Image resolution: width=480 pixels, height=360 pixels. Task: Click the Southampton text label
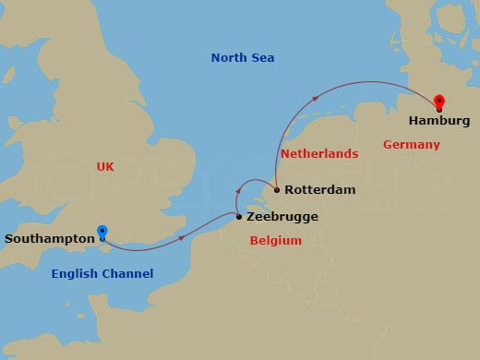(x=49, y=239)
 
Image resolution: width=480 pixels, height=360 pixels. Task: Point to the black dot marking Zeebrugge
(x=239, y=217)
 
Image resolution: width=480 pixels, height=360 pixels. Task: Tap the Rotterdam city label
(x=319, y=191)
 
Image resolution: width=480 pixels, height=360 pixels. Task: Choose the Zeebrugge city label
(x=283, y=217)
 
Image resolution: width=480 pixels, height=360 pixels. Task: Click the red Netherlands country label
(x=318, y=154)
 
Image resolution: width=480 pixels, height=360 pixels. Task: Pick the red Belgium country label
(x=276, y=241)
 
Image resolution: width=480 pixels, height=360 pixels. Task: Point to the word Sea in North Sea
(x=263, y=59)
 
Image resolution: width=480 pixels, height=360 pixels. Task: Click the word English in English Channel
(x=76, y=274)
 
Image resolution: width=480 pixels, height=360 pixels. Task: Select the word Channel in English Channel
(x=128, y=274)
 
